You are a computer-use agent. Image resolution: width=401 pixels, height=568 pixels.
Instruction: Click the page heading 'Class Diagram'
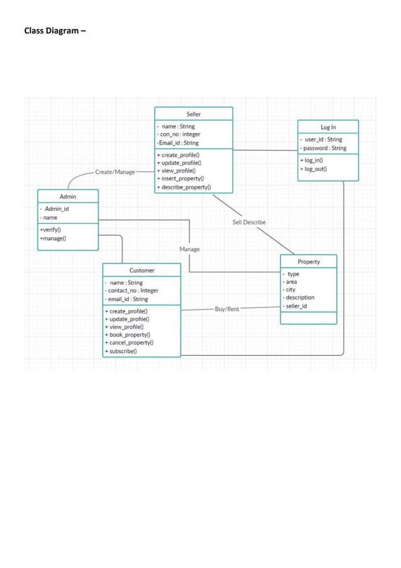[x=55, y=30]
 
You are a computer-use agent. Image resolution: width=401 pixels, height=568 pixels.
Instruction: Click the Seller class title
[x=194, y=114]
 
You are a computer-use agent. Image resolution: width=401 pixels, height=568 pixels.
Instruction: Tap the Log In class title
[x=328, y=127]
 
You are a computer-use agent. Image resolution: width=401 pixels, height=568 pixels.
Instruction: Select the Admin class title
[x=68, y=196]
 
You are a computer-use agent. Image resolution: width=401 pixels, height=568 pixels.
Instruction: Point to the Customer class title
[x=141, y=270]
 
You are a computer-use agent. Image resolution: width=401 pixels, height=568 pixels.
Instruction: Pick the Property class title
[x=309, y=262]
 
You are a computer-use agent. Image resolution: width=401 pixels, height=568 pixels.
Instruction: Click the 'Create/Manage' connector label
[x=115, y=171]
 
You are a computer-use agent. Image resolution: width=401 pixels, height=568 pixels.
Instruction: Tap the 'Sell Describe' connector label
[x=249, y=222]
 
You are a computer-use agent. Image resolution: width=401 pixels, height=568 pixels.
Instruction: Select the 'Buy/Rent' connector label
[x=227, y=309]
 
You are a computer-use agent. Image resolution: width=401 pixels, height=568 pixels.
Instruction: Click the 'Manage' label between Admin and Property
[x=189, y=249]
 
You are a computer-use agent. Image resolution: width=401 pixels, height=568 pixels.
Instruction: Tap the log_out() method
[x=313, y=169]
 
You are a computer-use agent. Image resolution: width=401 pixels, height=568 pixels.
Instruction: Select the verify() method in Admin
[x=50, y=230]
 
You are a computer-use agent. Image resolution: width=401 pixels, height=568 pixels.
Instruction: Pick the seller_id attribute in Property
[x=295, y=306]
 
